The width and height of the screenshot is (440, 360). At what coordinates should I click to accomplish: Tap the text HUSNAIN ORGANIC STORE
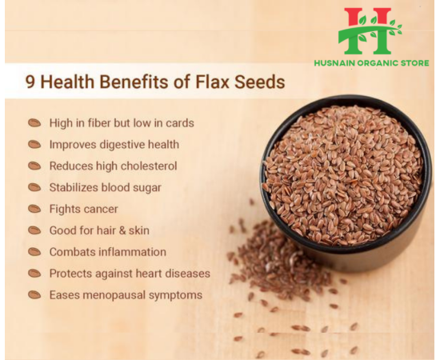(371, 63)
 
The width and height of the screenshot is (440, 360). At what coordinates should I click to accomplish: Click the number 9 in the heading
(30, 82)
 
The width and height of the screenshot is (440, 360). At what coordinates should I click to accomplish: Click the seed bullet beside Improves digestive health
(34, 145)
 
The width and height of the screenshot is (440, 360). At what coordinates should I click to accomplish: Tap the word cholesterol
(149, 166)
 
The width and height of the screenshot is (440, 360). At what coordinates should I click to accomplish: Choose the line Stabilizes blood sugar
(105, 187)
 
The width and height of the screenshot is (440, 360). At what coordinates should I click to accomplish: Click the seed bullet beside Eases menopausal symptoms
(34, 295)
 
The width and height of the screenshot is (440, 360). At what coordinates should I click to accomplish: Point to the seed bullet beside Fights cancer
(34, 209)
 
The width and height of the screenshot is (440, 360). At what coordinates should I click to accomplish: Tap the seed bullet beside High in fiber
(34, 123)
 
